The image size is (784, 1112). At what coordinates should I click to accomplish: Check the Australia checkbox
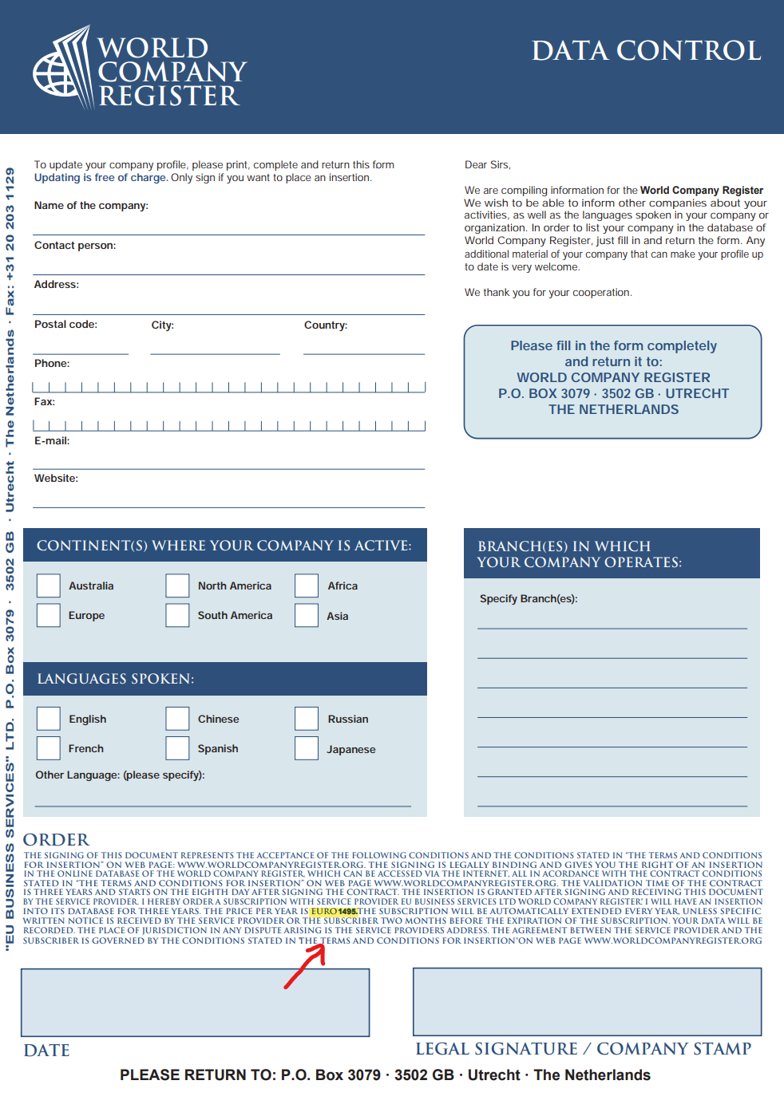click(x=49, y=586)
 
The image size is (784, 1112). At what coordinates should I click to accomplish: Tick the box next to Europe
click(x=49, y=615)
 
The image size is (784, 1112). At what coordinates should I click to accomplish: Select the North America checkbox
click(x=177, y=586)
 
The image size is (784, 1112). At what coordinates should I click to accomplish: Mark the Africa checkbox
click(x=307, y=586)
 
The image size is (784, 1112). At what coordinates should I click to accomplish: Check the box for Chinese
click(x=177, y=719)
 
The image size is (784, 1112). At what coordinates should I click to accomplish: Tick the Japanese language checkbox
click(x=307, y=748)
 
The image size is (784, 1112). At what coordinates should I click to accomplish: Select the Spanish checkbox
click(x=177, y=748)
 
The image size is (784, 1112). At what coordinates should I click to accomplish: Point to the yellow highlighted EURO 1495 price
click(x=334, y=912)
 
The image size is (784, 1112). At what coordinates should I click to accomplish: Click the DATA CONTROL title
click(x=646, y=51)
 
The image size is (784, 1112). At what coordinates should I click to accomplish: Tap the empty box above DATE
click(x=195, y=1003)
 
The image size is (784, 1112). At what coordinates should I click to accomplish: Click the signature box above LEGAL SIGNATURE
click(x=587, y=1002)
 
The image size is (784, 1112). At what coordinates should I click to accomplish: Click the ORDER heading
click(x=56, y=840)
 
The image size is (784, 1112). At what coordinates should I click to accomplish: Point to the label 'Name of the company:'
click(x=91, y=206)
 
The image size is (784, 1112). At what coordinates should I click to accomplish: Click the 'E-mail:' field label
click(x=52, y=441)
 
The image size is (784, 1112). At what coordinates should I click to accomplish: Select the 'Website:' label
click(x=56, y=479)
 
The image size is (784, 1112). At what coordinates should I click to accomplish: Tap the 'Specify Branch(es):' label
click(x=529, y=599)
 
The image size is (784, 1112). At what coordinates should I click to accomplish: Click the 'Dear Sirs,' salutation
click(x=487, y=165)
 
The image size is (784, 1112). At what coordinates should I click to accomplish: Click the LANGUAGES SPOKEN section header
click(x=116, y=679)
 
